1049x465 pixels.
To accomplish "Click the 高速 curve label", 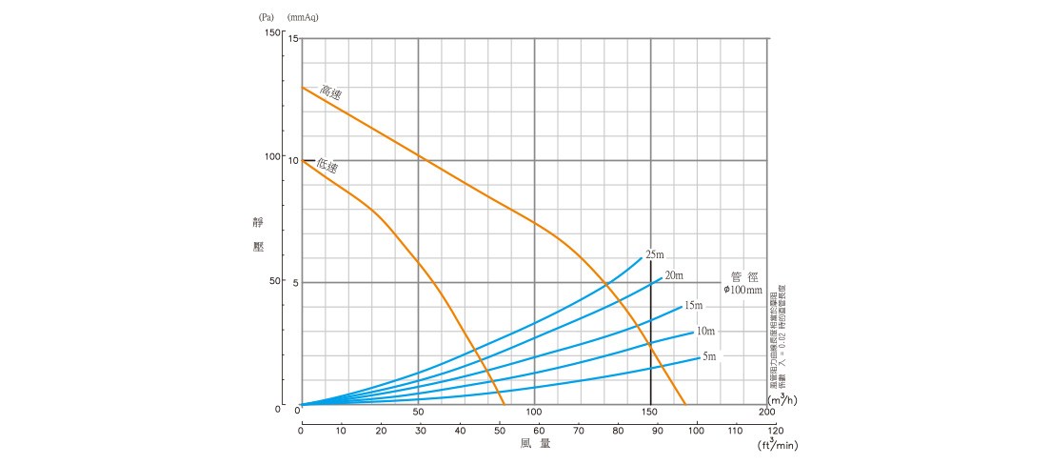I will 330,92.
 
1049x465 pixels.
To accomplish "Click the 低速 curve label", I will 327,167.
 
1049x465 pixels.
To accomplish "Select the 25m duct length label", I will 654,254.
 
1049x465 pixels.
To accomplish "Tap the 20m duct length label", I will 674,275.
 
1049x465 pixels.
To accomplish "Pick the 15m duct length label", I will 693,305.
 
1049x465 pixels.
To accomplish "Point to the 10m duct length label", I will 705,331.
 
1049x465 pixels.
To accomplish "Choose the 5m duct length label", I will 709,356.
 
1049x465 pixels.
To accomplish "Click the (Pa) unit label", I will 266,16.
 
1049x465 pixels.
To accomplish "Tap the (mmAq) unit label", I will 306,16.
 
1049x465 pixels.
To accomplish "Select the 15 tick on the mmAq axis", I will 293,39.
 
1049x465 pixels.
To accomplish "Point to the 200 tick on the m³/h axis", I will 767,412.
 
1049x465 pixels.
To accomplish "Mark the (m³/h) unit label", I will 782,398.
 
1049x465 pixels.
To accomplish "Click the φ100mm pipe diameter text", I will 743,289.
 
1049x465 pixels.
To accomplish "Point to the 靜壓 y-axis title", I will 258,234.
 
